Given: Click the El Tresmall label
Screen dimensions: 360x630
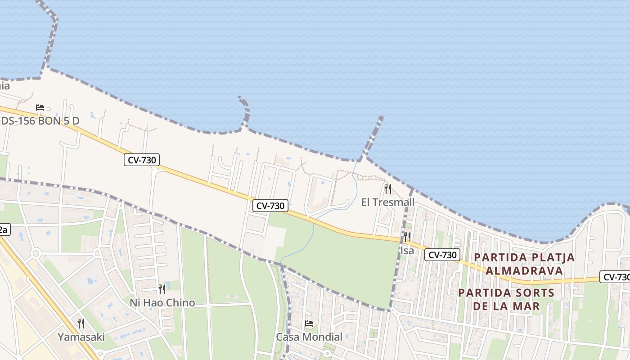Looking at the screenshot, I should coord(387,202).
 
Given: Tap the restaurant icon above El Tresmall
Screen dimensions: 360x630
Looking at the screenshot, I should coord(388,189).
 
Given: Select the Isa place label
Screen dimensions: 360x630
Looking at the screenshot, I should coord(407,251).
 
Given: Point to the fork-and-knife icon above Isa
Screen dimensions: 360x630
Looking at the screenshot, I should coord(407,237).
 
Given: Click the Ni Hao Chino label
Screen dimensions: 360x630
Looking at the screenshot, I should coord(162,303).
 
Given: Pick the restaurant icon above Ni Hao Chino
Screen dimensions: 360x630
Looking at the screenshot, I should coord(162,289).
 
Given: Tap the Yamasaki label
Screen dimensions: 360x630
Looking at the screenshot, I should coord(81,337).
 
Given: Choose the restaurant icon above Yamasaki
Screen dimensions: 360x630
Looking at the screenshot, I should coord(81,323).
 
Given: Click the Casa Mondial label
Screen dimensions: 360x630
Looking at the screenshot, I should coord(309,337).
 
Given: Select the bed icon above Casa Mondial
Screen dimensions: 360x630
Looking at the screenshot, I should coord(309,324).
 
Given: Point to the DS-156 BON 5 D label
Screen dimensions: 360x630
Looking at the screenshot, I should coord(40,121).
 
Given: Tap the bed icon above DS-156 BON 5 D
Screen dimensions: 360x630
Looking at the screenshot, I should coord(40,108).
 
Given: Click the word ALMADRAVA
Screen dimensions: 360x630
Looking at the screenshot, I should coord(524,271).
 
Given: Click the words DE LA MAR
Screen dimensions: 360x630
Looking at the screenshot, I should coord(506,306).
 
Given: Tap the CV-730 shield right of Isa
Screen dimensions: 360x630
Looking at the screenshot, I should coord(442,255).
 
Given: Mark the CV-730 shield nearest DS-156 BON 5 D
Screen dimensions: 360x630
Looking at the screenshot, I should coord(142,160).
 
